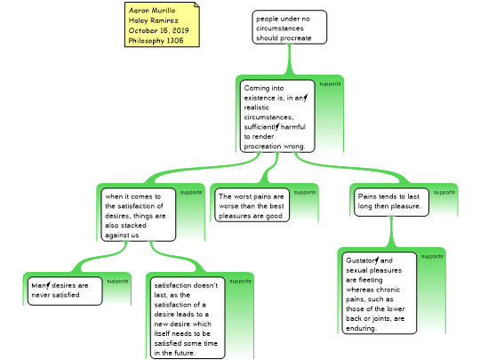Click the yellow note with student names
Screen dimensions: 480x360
162,25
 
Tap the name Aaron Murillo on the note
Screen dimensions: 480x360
152,11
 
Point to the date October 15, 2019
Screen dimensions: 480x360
158,30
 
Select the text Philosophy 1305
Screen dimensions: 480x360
156,40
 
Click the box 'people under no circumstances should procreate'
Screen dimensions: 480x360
290,28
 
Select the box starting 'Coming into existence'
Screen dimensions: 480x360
277,116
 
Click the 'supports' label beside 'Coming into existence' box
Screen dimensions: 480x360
330,84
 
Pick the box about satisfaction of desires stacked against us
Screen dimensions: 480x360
139,214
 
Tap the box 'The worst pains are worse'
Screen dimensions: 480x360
252,205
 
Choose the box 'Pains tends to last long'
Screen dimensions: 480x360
391,202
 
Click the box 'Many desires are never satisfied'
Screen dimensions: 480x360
65,292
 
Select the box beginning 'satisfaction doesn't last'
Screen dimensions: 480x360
188,318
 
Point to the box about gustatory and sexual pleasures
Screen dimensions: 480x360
380,293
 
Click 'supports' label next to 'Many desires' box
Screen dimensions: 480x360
117,281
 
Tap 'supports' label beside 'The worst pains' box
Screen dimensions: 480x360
305,192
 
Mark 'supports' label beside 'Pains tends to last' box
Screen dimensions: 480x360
444,192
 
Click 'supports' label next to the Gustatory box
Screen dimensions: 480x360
432,256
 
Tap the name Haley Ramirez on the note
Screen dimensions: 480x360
154,20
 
